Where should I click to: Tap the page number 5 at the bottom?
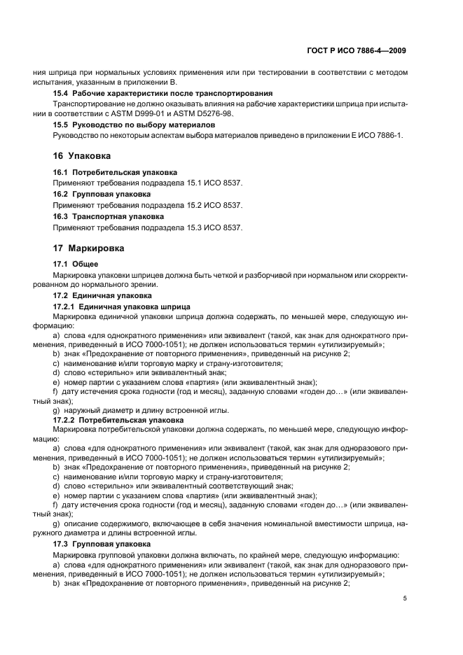[x=405, y=598]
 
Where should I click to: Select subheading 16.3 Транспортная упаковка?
[x=109, y=217]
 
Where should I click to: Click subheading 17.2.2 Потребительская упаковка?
[x=113, y=420]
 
